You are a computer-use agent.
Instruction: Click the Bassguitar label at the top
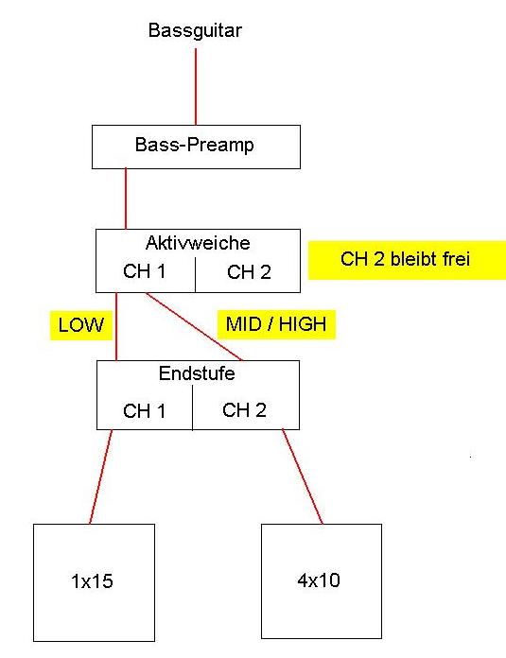click(195, 30)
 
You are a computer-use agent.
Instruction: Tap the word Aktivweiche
click(198, 243)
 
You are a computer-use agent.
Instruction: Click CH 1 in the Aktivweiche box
click(144, 271)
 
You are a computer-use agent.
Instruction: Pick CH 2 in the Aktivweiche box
click(249, 272)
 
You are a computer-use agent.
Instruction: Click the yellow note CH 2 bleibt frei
click(407, 260)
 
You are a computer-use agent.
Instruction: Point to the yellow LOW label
click(81, 325)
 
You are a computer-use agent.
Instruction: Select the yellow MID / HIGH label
click(276, 324)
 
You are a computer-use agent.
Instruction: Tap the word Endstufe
click(197, 373)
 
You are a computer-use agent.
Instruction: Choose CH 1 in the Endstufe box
click(144, 411)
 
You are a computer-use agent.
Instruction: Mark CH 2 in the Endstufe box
click(244, 410)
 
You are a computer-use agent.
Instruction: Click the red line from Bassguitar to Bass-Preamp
click(196, 86)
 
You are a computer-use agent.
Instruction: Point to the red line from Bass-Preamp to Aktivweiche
click(126, 199)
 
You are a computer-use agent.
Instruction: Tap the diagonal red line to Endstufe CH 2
click(194, 326)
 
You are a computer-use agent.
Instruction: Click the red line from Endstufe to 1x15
click(101, 476)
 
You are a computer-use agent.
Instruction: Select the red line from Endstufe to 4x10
click(303, 476)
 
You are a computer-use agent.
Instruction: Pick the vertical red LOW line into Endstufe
click(116, 326)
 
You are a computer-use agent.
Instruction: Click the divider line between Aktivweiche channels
click(195, 275)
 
